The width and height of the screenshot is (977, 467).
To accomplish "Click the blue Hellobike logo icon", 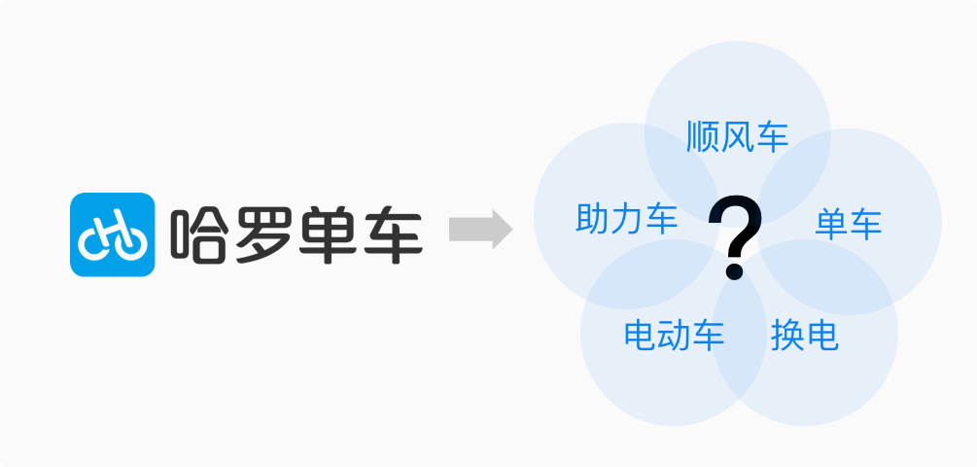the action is (113, 233).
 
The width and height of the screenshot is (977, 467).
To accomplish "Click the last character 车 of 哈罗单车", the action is (392, 233).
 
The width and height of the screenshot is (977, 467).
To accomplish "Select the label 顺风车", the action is (736, 136).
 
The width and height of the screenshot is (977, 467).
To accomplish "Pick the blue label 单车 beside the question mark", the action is (848, 224).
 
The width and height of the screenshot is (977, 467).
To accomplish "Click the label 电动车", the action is (674, 336).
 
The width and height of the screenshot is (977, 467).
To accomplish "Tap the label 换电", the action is (804, 336).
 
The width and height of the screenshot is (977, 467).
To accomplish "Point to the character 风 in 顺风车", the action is (736, 136).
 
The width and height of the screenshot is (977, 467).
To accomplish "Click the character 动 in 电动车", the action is (674, 336).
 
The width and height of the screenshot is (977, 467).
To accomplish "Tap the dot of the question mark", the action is (734, 269).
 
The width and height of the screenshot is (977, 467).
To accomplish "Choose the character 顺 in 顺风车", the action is (702, 136).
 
